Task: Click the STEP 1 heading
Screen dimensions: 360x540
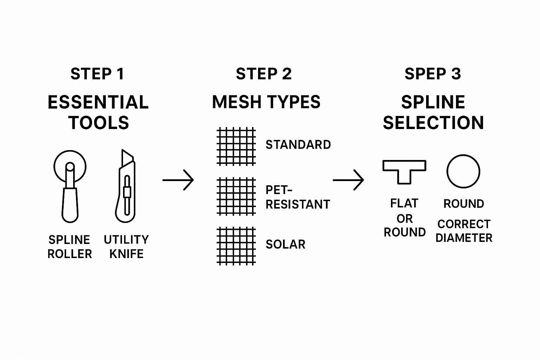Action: pos(97,74)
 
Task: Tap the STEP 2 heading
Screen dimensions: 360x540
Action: pos(264,74)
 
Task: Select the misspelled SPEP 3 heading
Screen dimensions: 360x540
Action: pos(432,74)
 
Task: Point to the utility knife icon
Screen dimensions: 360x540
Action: pos(126,186)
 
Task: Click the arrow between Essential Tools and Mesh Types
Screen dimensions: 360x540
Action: pos(178,180)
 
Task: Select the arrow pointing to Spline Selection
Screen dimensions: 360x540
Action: pos(348,180)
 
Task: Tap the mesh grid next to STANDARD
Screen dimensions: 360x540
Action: pos(236,146)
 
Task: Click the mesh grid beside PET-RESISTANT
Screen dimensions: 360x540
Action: pos(236,196)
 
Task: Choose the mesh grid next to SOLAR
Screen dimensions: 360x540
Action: pos(236,246)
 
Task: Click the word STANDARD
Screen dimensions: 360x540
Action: pos(298,145)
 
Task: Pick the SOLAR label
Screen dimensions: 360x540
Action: pos(285,244)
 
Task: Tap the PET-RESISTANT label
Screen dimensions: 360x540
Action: pos(297,197)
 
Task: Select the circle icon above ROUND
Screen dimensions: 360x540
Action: pos(463,171)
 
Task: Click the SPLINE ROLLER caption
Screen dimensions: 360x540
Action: pos(70,247)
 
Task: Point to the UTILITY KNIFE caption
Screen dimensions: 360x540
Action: pos(126,247)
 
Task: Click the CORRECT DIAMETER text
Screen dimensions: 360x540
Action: pos(464,231)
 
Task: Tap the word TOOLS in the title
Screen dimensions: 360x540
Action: pos(99,123)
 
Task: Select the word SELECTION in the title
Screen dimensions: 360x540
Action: pos(433,123)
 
